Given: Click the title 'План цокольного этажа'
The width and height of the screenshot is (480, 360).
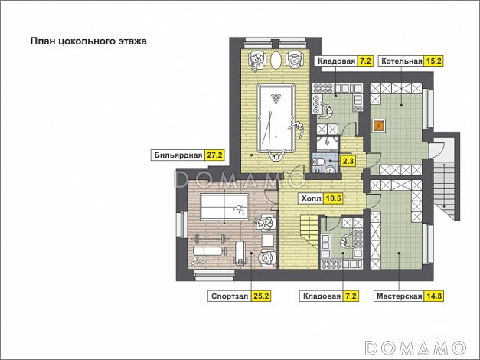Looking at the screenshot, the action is [x=89, y=41].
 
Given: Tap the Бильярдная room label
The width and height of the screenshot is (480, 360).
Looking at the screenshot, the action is [x=178, y=155].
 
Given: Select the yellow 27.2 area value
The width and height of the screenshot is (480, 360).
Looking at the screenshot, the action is [x=214, y=155].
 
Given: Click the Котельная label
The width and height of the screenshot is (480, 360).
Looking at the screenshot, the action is [x=402, y=61].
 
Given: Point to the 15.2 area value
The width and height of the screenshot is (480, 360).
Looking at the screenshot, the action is [x=433, y=61].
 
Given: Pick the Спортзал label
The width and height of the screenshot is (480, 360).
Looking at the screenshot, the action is [x=230, y=296].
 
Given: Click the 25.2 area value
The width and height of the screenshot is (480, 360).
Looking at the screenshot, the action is [x=261, y=296].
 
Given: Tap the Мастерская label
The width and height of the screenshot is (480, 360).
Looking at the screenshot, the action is [x=399, y=296].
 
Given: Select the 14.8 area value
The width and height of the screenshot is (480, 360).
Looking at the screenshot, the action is [x=433, y=296].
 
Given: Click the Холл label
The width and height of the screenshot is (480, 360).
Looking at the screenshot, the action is [x=312, y=198].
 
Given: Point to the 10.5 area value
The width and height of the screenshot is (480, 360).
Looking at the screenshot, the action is [x=333, y=198].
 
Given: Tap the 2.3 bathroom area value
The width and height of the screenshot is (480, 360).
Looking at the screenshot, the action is [x=348, y=161].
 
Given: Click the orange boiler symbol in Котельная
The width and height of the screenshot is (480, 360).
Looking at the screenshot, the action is [x=379, y=125].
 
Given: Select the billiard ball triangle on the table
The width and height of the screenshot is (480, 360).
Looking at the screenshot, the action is [x=276, y=99].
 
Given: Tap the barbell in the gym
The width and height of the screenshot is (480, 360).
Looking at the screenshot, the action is [x=211, y=237].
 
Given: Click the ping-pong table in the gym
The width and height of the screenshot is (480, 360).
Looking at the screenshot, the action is [x=224, y=207].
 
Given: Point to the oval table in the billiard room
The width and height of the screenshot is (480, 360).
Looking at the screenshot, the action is [x=276, y=61].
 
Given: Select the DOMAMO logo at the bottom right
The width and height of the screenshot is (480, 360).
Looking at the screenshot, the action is [x=416, y=349].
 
